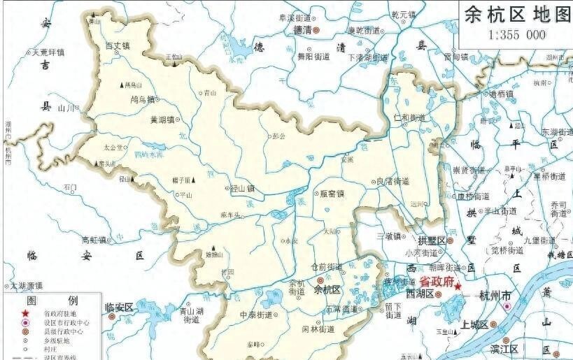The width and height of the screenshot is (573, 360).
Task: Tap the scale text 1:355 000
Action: (516, 35)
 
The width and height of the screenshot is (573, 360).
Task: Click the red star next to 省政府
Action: (458, 287)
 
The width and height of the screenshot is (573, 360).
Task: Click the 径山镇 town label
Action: (241, 188)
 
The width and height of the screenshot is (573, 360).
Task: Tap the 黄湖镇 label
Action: (164, 120)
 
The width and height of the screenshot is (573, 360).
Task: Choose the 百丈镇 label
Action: (117, 46)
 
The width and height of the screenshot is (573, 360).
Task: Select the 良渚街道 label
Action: (392, 181)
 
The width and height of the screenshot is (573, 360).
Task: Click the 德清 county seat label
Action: (302, 31)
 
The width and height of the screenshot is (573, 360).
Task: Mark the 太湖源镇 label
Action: (25, 285)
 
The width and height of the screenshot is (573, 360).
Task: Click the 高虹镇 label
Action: (92, 240)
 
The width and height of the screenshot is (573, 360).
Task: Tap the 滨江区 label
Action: (503, 348)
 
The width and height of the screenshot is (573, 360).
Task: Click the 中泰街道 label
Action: (255, 315)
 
